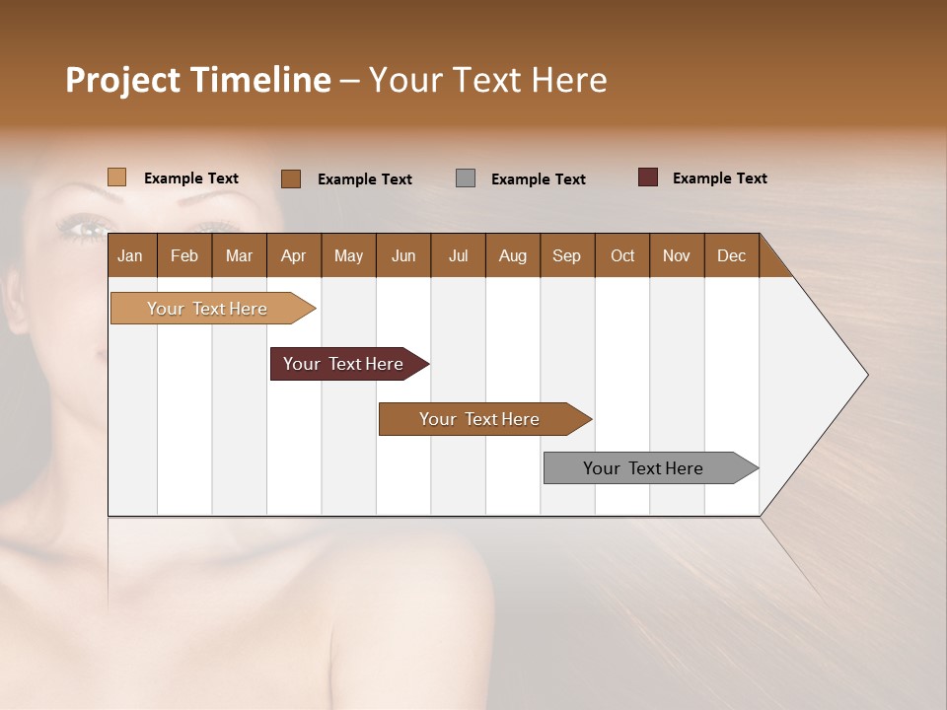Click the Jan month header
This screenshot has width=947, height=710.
tap(130, 255)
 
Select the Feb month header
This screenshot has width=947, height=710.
tap(184, 255)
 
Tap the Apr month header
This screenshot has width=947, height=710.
tap(293, 255)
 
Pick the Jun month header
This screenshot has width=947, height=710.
tap(403, 255)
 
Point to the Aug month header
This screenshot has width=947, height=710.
tap(512, 255)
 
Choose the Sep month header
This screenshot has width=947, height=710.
tap(566, 255)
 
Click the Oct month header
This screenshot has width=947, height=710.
tap(622, 255)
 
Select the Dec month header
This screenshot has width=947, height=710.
tap(731, 255)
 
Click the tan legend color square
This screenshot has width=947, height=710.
tap(116, 177)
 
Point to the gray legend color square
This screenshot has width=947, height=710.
tap(466, 178)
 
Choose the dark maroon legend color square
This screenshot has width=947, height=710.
tap(647, 177)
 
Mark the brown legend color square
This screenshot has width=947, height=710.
tap(290, 178)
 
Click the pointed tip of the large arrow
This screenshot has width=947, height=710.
tap(865, 375)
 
